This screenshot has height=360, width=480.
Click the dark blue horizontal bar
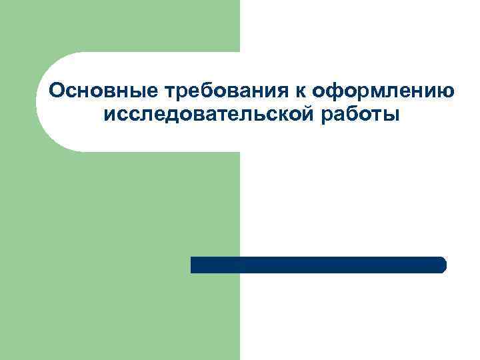[x=318, y=265]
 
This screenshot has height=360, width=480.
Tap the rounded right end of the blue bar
[x=442, y=265]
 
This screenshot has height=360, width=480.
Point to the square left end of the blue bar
[x=194, y=265]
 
